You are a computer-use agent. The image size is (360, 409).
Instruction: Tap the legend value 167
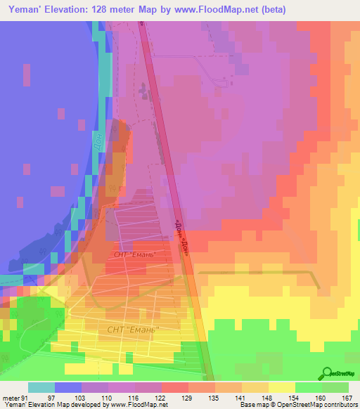pyautogui.click(x=346, y=398)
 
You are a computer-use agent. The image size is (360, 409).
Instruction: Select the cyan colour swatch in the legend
pyautogui.click(x=41, y=387)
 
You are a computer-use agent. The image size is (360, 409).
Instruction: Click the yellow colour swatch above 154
pyautogui.click(x=282, y=387)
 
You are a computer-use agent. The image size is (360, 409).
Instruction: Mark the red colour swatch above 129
pyautogui.click(x=175, y=387)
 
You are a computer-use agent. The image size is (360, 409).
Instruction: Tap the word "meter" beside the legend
pyautogui.click(x=11, y=398)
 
